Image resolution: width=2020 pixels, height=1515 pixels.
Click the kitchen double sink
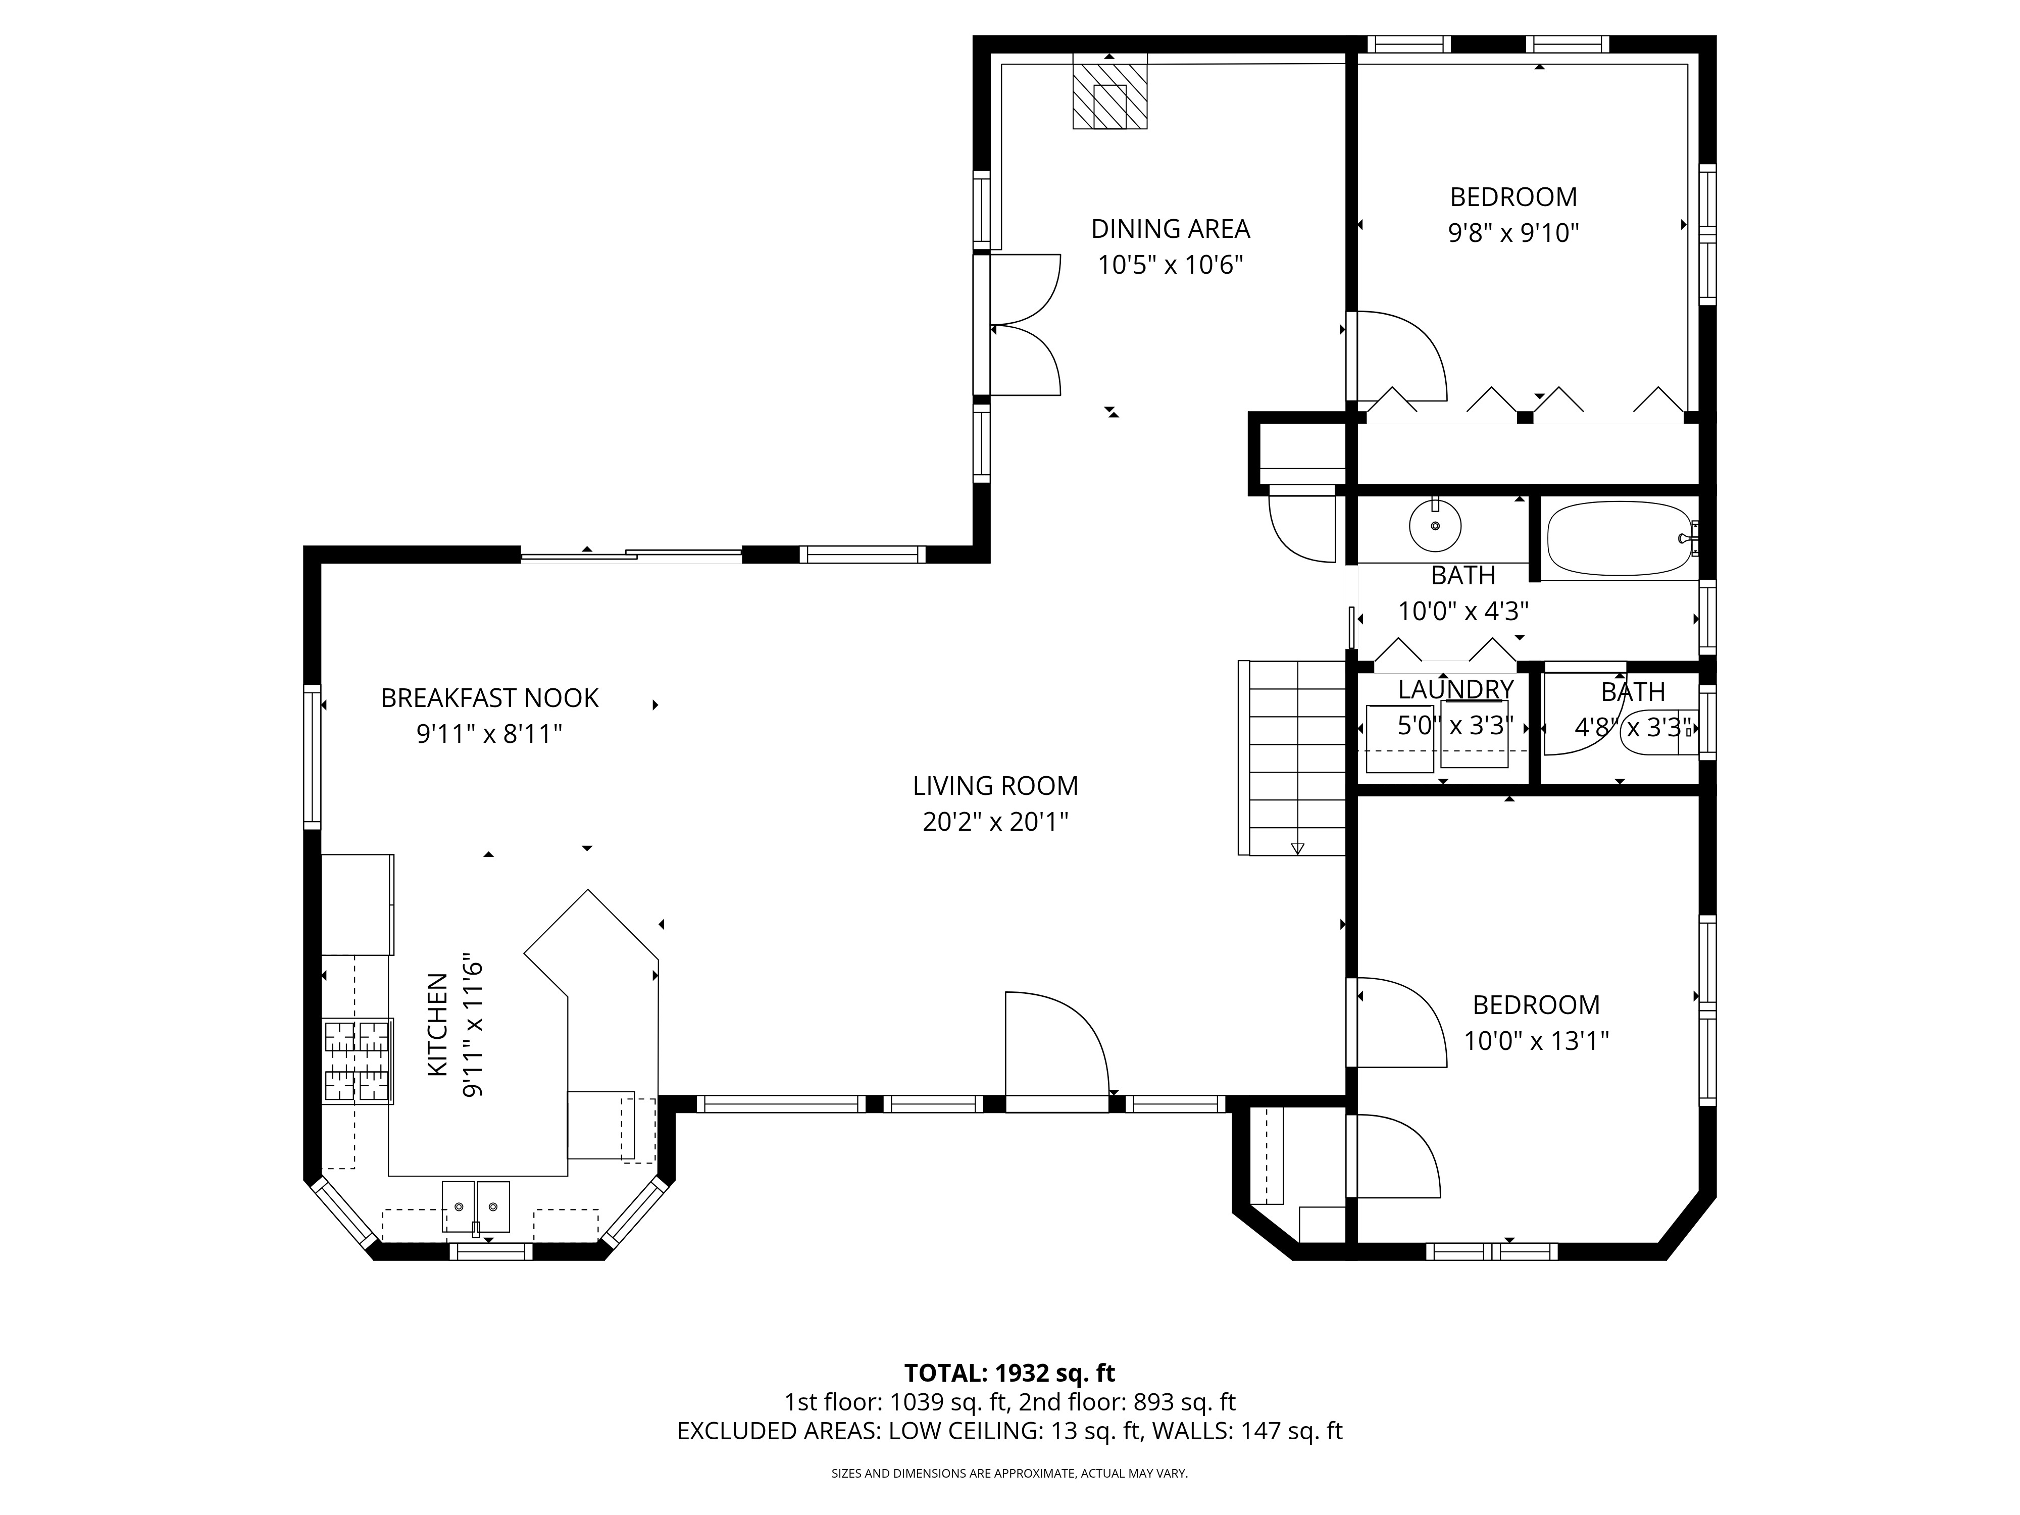pyautogui.click(x=476, y=1207)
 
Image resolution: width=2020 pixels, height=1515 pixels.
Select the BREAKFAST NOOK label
pyautogui.click(x=489, y=698)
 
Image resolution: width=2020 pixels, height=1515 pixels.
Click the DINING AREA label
pyautogui.click(x=1171, y=228)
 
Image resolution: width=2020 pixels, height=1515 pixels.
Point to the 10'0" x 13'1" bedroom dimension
pyautogui.click(x=1536, y=1041)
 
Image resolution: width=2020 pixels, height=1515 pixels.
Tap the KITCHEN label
pyautogui.click(x=438, y=1024)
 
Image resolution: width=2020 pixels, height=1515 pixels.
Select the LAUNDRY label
pyautogui.click(x=1455, y=689)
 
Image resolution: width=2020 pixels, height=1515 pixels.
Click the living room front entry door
pyautogui.click(x=1056, y=1051)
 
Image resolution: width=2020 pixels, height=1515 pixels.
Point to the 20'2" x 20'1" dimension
pyautogui.click(x=995, y=822)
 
